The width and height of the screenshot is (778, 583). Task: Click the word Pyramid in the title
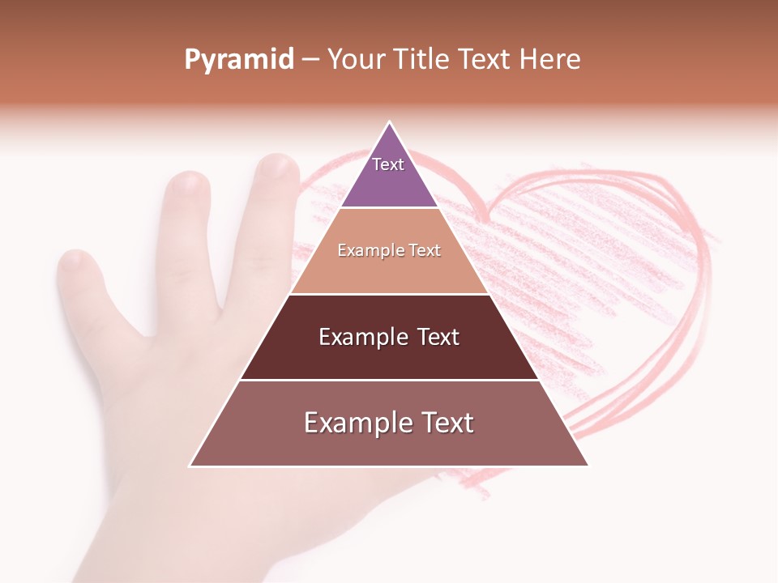239,60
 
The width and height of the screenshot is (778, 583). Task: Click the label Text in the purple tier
388,164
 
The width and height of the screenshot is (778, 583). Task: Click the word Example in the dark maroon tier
361,337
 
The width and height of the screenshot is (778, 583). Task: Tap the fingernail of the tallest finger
277,168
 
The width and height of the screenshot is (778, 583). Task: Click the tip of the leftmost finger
74,261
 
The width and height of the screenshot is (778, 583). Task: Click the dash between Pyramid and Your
310,60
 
